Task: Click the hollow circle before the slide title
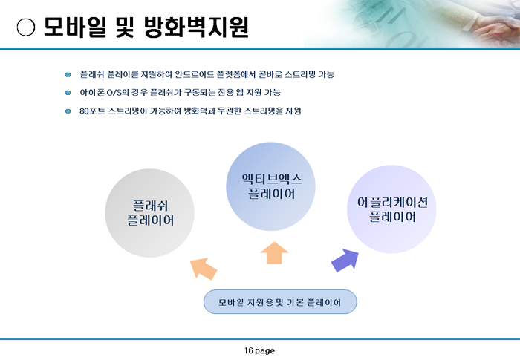26,27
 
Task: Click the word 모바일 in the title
75,27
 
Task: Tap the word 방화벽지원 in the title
196,27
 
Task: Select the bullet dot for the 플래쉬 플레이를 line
68,74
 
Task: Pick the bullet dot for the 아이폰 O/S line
68,93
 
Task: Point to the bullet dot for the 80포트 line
68,111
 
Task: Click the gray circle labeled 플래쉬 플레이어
150,213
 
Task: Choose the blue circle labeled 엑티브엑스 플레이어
270,186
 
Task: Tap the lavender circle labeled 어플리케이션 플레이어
391,209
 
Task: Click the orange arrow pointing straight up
275,253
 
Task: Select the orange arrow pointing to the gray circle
204,269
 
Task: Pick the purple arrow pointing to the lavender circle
345,261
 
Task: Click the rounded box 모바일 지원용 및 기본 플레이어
280,302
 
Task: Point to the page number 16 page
260,350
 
